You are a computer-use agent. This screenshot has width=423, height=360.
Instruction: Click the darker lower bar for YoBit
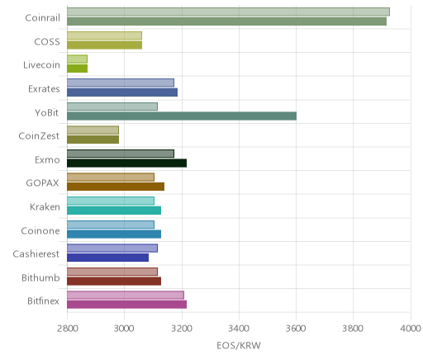pos(182,116)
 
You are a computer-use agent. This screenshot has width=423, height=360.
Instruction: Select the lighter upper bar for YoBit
pos(112,107)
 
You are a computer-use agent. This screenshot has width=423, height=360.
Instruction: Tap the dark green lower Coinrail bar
pos(226,21)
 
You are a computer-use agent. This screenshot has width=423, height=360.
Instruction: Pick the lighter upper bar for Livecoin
pos(77,59)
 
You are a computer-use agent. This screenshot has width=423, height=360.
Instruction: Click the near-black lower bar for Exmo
pos(126,163)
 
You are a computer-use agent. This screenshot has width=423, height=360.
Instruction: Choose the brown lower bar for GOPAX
pos(116,187)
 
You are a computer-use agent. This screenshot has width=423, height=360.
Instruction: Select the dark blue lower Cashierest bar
pos(107,258)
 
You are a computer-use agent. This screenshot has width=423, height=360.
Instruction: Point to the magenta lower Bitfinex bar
pos(126,305)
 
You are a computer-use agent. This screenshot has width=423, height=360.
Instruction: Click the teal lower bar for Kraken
pos(114,211)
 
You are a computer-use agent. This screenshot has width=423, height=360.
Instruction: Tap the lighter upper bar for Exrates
pos(121,83)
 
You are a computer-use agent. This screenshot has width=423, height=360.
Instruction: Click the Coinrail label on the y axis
pos(42,17)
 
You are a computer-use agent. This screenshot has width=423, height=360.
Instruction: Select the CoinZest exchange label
pos(39,135)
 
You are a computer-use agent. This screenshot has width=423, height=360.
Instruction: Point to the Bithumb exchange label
pos(40,277)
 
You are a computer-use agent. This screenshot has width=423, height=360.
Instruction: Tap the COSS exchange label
pos(47,41)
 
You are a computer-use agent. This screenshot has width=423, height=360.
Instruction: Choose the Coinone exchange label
pos(40,230)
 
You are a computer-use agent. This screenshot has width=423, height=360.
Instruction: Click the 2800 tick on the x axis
pos(68,329)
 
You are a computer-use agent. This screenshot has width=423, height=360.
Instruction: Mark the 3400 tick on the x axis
pos(239,329)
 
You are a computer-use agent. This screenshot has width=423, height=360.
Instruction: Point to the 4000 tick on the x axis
pos(411,329)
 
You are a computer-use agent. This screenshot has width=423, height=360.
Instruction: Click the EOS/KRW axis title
pos(239,345)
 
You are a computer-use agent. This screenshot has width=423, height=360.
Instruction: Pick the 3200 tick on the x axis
pos(182,329)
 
